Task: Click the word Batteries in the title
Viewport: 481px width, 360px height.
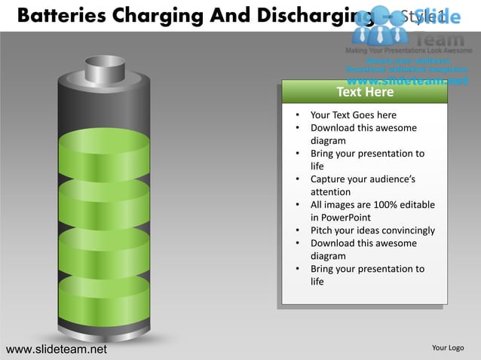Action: (x=54, y=15)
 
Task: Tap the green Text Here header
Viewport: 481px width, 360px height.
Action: (x=365, y=92)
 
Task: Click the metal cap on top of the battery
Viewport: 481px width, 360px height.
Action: (x=104, y=69)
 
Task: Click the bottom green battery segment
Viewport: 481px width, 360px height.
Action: (x=104, y=297)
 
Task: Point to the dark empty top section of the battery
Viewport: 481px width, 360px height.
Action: (x=104, y=105)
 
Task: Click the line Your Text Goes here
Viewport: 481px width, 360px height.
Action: (x=353, y=115)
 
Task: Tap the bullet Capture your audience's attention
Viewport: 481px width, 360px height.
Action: (x=362, y=185)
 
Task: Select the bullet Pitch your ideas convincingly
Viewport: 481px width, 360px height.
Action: (x=372, y=230)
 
